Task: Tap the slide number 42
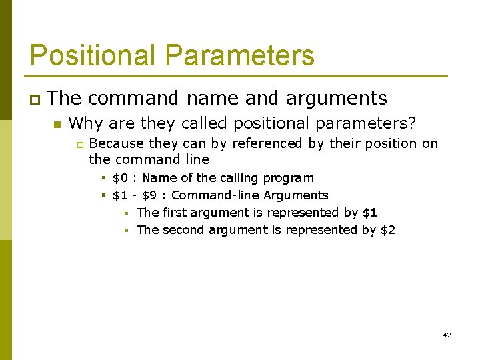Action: [x=447, y=335]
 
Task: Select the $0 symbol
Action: [x=121, y=178]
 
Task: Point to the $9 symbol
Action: [x=150, y=195]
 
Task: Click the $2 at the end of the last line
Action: [x=388, y=230]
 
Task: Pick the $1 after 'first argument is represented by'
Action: [x=369, y=213]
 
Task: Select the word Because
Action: [x=117, y=143]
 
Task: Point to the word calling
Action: [x=239, y=178]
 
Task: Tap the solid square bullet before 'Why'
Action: [x=57, y=124]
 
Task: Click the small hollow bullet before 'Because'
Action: [x=78, y=144]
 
